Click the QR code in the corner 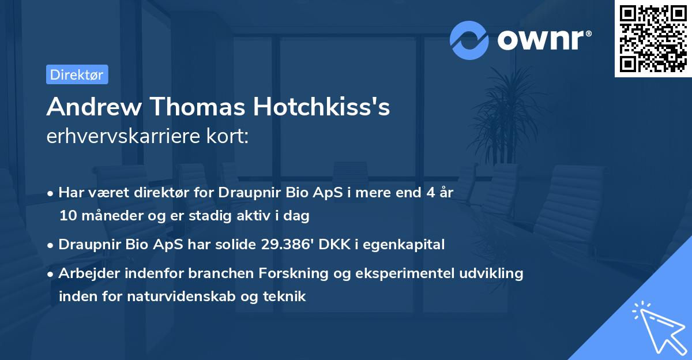(x=653, y=39)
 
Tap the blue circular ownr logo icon (x=469, y=40)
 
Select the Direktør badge (x=77, y=74)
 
